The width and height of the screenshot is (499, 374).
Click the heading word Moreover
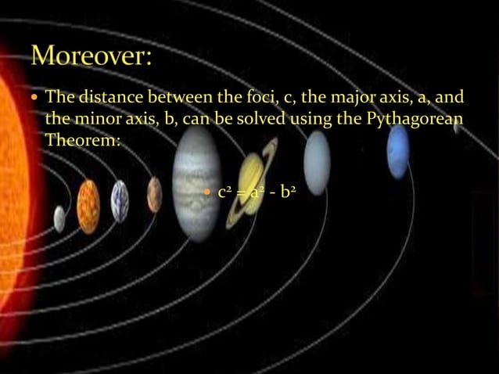point(92,58)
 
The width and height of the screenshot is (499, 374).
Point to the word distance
point(111,98)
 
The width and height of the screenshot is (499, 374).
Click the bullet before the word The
point(36,99)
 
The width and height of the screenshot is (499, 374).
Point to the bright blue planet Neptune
point(398,150)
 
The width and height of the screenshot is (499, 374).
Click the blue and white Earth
point(120,200)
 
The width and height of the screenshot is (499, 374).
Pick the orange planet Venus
point(88,207)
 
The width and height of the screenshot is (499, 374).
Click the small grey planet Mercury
point(59,218)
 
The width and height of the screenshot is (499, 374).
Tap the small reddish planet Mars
point(154,194)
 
